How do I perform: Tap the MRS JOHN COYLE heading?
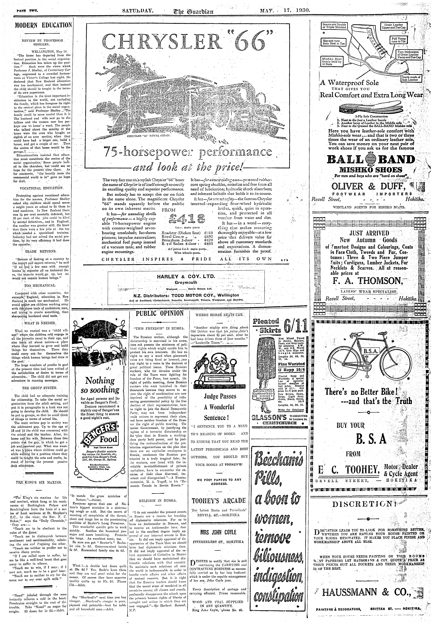point(218,532)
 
